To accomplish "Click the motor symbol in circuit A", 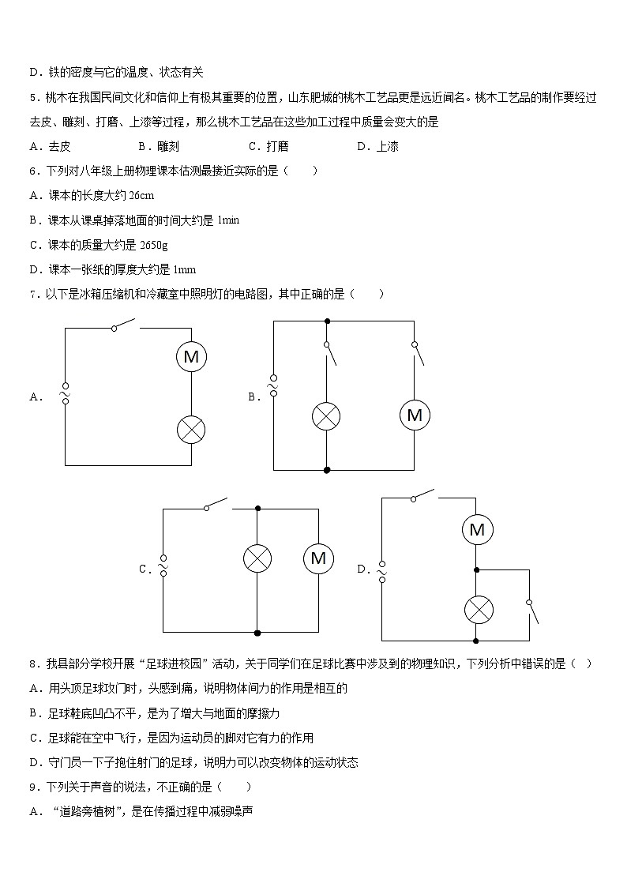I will click(x=191, y=357).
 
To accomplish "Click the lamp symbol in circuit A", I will click(x=191, y=430).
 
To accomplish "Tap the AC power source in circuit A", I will click(x=65, y=393).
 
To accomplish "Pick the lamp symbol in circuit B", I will click(x=327, y=416).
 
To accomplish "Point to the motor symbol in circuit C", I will click(x=318, y=558).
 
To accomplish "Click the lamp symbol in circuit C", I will click(x=257, y=558).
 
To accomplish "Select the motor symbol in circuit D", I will click(x=477, y=530).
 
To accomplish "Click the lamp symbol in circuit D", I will click(x=477, y=609).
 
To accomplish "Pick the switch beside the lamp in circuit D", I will click(x=532, y=611).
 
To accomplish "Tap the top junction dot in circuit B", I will click(x=327, y=321).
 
